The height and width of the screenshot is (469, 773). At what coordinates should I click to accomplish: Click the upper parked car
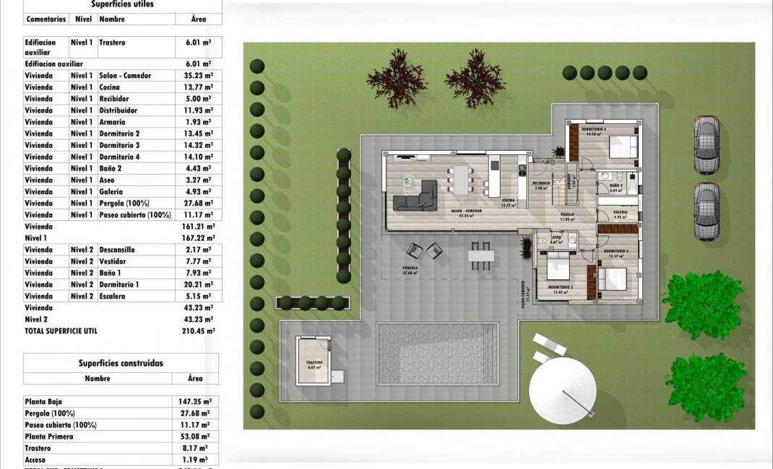[707, 144]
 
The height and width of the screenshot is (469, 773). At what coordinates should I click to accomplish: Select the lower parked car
[707, 211]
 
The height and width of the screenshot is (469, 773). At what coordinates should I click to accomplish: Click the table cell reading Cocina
[110, 87]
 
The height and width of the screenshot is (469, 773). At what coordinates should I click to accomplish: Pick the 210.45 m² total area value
[199, 331]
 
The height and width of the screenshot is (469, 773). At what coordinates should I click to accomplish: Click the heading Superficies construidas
[121, 364]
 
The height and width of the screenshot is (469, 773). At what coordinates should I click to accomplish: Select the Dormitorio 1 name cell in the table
[119, 284]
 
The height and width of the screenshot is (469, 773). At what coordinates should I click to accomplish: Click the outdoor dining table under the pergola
[480, 255]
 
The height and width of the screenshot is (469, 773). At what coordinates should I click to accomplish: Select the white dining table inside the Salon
[460, 180]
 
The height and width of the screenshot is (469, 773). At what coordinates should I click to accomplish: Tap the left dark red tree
[397, 78]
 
